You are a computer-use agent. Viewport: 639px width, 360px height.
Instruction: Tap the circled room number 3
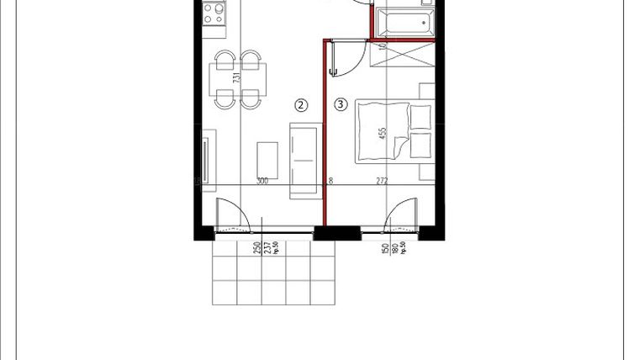click(340, 104)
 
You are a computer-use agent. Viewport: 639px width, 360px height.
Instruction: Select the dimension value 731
click(237, 78)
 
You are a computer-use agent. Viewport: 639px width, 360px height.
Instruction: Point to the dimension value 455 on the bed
click(383, 134)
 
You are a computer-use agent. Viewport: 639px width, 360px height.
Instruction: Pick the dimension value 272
click(381, 181)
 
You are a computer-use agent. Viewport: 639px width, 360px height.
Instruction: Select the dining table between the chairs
click(237, 80)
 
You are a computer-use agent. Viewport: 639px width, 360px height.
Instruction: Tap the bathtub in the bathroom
click(404, 21)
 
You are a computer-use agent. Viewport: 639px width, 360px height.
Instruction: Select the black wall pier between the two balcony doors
click(325, 233)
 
